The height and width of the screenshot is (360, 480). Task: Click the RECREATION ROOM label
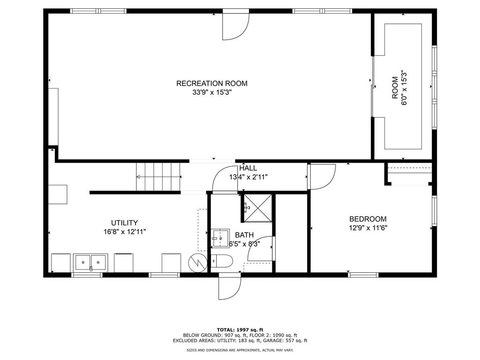point(211,83)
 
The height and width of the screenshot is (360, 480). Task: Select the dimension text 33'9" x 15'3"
point(211,92)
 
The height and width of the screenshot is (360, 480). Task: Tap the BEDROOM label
point(367,219)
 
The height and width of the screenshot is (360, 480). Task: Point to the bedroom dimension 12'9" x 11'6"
point(367,228)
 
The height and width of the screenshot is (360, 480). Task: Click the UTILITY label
point(124,223)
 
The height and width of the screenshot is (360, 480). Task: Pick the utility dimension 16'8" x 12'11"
point(124,232)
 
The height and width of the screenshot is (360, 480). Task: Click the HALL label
point(248,168)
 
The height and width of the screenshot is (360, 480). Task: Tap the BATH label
point(244,235)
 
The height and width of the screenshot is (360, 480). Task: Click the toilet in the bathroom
point(221,261)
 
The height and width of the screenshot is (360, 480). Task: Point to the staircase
point(158,177)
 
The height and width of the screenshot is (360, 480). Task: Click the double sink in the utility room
point(90,262)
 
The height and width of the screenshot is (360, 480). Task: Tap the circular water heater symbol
point(197,262)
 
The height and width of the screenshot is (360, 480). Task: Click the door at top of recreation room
point(235,26)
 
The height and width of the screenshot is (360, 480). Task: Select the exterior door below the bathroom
point(230,286)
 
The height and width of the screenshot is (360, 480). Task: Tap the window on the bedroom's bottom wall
point(363,275)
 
